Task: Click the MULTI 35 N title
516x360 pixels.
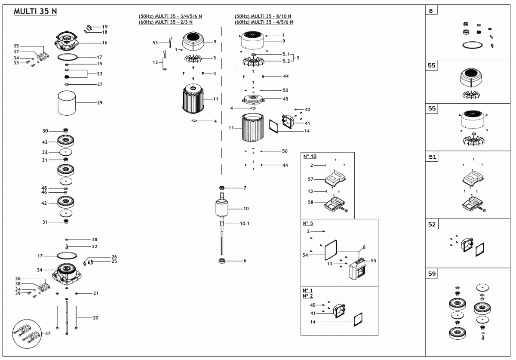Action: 35,12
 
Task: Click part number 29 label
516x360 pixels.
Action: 100,103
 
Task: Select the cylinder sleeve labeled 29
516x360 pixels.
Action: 67,103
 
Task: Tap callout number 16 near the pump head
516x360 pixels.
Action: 104,43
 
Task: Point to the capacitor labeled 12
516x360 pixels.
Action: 164,64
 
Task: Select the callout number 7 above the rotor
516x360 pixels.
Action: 245,188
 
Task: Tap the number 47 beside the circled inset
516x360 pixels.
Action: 47,333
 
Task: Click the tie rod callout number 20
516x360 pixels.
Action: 95,318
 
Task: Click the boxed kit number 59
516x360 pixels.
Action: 431,274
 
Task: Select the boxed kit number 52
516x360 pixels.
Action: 431,225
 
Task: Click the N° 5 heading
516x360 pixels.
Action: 308,223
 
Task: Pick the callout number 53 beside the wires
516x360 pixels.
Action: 155,43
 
